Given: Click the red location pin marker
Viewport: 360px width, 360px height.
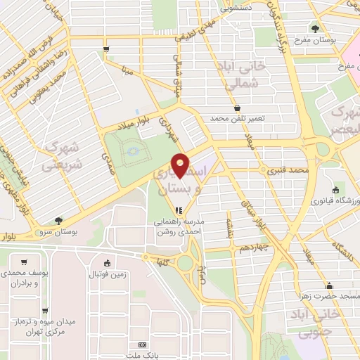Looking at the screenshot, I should [180, 165].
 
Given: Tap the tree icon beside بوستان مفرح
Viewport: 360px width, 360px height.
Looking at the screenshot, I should [314, 28].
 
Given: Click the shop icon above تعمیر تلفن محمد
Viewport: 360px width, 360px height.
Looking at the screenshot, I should [238, 108].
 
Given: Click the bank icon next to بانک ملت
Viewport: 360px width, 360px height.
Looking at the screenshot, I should [143, 345].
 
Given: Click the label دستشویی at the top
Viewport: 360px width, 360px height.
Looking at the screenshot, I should [237, 8].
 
